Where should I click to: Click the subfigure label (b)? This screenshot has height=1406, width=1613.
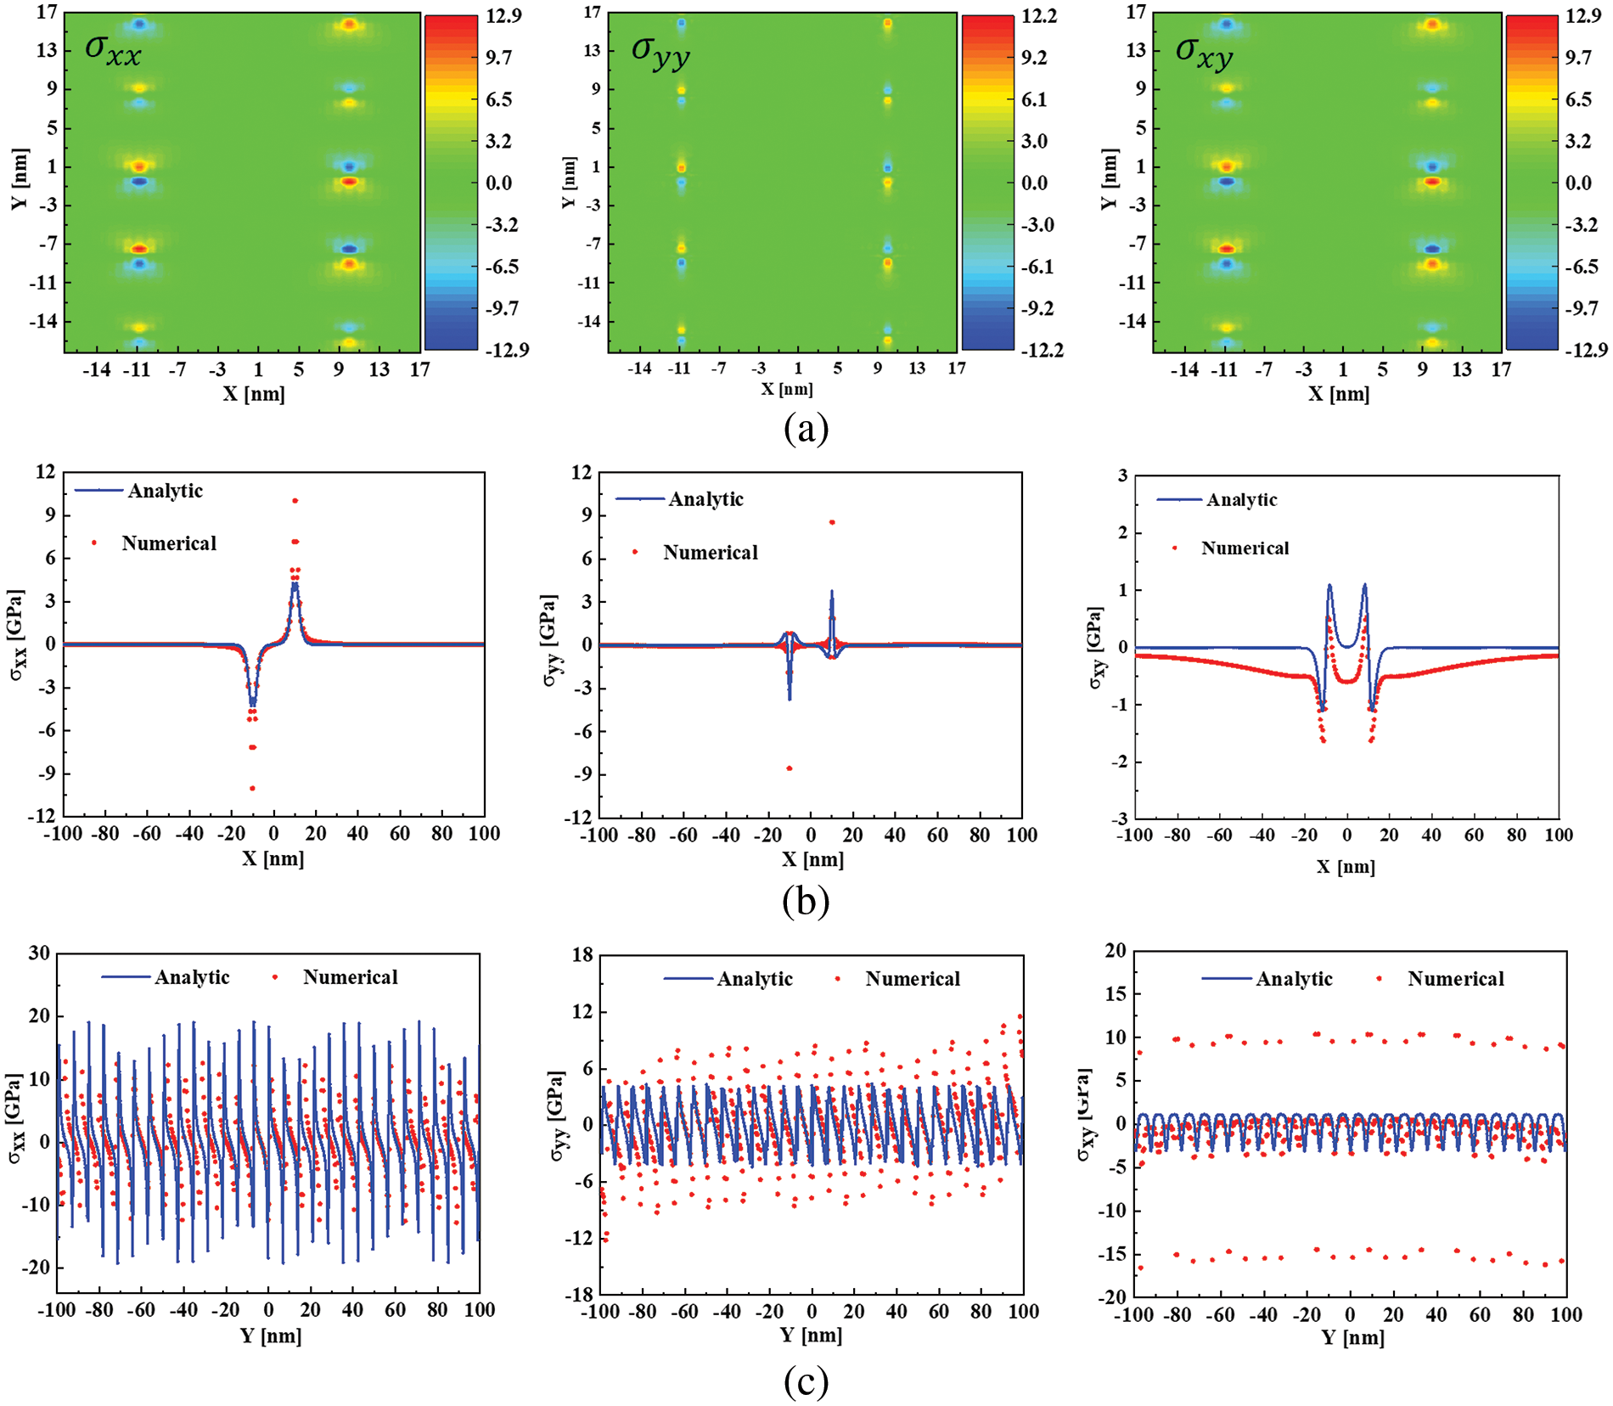pyautogui.click(x=806, y=901)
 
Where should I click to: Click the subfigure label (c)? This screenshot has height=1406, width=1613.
pyautogui.click(x=806, y=1382)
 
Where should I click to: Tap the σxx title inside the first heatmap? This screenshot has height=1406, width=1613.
pyautogui.click(x=113, y=50)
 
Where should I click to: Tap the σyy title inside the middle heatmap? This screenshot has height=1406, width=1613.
pyautogui.click(x=660, y=52)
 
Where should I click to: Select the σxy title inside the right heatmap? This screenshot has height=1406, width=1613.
pyautogui.click(x=1204, y=52)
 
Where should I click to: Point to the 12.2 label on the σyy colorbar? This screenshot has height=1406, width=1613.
pyautogui.click(x=1039, y=16)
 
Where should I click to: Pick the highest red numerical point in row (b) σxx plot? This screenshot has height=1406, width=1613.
pyautogui.click(x=295, y=501)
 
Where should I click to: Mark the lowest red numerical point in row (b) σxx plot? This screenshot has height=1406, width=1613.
pyautogui.click(x=252, y=789)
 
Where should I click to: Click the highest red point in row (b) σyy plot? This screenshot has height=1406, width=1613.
pyautogui.click(x=832, y=522)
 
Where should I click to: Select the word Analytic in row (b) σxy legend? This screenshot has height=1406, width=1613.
pyautogui.click(x=1241, y=500)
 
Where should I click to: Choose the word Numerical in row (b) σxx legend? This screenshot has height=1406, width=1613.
pyautogui.click(x=169, y=543)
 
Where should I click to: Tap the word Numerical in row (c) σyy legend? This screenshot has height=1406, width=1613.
pyautogui.click(x=913, y=979)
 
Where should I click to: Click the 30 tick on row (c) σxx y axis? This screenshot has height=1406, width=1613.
pyautogui.click(x=39, y=953)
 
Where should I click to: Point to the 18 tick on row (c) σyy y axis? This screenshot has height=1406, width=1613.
pyautogui.click(x=582, y=954)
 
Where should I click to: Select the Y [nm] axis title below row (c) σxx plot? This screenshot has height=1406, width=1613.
pyautogui.click(x=271, y=1336)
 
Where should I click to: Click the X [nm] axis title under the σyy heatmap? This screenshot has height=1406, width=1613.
pyautogui.click(x=787, y=389)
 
